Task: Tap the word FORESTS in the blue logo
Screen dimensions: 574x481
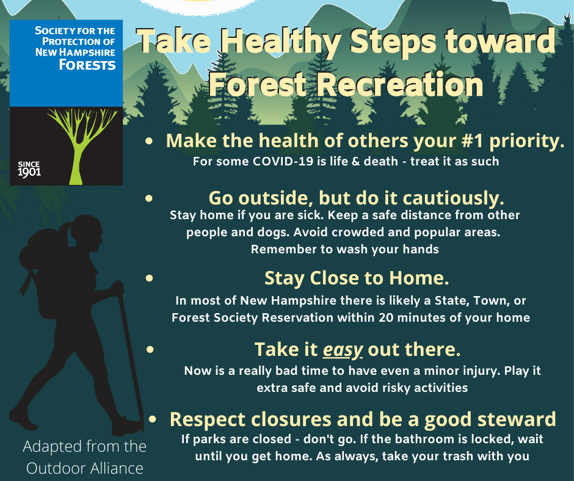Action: click(x=87, y=65)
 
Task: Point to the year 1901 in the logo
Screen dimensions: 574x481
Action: click(x=29, y=172)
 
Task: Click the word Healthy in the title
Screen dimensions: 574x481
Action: click(x=281, y=42)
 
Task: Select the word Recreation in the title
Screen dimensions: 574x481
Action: click(x=399, y=85)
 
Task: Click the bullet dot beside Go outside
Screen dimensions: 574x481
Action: click(x=149, y=198)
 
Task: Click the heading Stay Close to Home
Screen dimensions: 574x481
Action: click(x=357, y=278)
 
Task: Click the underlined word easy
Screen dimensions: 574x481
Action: click(x=343, y=350)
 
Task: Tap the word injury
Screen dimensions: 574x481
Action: click(x=481, y=371)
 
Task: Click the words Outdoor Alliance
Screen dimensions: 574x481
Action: click(x=84, y=468)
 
